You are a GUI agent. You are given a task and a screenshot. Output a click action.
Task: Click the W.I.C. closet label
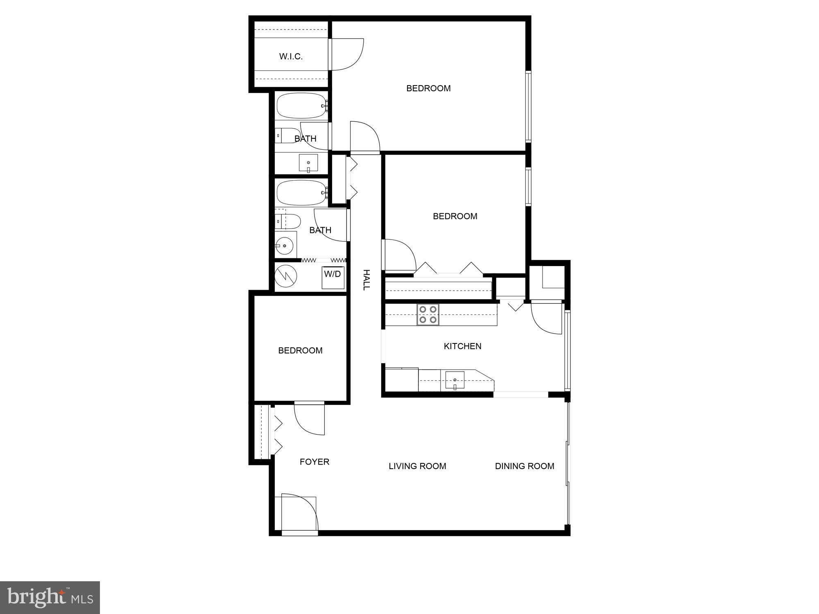click(291, 56)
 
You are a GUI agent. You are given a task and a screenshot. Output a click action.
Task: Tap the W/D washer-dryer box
click(333, 277)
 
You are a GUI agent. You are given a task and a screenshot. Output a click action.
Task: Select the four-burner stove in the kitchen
click(428, 315)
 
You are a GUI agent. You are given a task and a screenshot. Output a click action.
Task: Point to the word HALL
click(366, 280)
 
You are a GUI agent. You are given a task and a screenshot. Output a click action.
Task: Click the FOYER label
click(314, 462)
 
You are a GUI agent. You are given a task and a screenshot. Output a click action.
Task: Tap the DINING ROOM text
click(525, 466)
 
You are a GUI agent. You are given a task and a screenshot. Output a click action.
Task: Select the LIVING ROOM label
click(417, 466)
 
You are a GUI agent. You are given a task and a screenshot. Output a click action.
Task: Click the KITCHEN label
click(462, 346)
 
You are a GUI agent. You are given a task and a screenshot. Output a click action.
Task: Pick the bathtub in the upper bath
click(301, 106)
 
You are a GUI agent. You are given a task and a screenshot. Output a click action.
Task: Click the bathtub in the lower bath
click(301, 192)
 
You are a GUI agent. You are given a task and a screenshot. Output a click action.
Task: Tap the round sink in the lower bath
click(284, 246)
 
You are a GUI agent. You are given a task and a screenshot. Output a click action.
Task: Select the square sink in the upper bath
click(308, 163)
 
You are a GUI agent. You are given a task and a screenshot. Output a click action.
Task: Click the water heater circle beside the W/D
click(285, 276)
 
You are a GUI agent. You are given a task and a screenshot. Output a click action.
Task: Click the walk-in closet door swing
click(346, 54)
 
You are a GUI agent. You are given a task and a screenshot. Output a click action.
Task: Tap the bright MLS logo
click(50, 597)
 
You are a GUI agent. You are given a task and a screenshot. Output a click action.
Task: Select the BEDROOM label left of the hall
click(300, 350)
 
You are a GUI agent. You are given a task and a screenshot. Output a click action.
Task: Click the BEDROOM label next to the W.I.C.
click(428, 88)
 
